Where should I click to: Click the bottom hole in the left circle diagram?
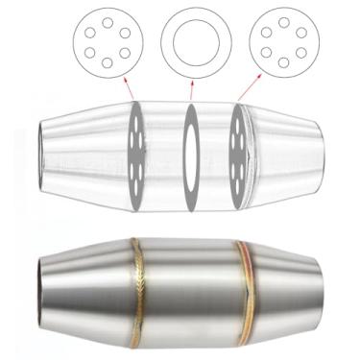tap(104, 64)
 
